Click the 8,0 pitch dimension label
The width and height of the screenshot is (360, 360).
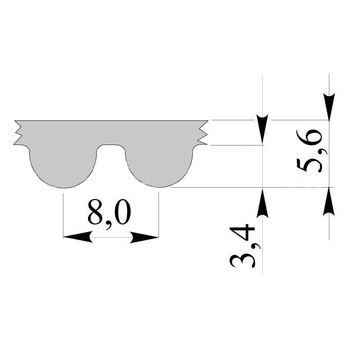click(109, 214)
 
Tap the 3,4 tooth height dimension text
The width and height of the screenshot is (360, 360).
click(242, 246)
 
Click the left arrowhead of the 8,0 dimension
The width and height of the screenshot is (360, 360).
click(78, 237)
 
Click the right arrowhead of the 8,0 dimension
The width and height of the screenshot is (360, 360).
click(144, 237)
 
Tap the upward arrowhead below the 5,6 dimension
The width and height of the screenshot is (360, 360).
click(329, 201)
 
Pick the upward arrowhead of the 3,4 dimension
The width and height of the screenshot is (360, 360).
click(262, 203)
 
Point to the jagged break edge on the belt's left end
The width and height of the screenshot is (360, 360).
click(19, 133)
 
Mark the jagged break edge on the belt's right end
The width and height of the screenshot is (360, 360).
click(203, 133)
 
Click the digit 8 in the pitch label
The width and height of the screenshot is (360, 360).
click(96, 212)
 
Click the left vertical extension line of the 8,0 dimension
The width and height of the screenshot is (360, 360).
click(63, 215)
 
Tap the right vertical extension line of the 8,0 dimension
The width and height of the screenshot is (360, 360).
click(158, 215)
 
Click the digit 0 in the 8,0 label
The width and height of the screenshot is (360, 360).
click(122, 212)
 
